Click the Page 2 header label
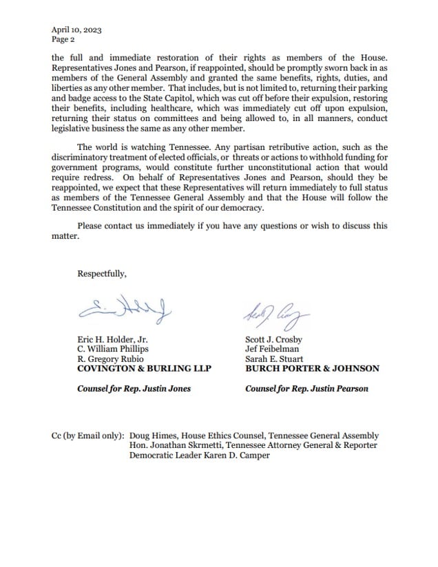click(63, 40)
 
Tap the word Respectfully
click(102, 273)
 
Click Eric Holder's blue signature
click(125, 311)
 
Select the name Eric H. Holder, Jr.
click(112, 340)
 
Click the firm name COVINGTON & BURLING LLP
click(144, 369)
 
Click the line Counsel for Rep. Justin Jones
click(134, 389)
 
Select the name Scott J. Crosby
click(273, 340)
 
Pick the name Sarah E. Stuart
click(273, 359)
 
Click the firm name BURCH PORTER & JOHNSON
click(312, 369)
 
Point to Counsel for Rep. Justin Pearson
click(306, 389)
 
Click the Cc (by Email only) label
click(87, 436)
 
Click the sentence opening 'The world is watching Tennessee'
click(155, 147)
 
